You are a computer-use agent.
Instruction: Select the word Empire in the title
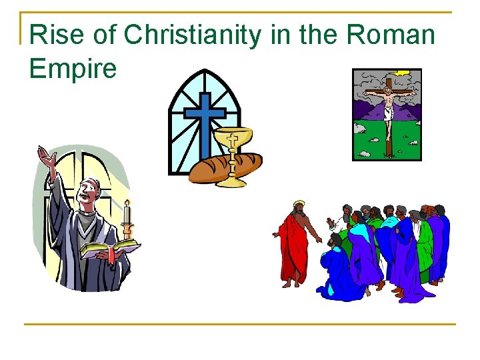(73, 68)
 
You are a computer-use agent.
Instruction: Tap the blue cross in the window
(205, 120)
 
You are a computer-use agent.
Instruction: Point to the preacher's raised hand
(47, 159)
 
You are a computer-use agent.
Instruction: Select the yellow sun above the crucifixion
(403, 73)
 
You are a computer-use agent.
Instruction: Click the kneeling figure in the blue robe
(340, 273)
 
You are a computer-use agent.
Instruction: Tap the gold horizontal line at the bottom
(240, 325)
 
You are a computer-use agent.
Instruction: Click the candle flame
(127, 201)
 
